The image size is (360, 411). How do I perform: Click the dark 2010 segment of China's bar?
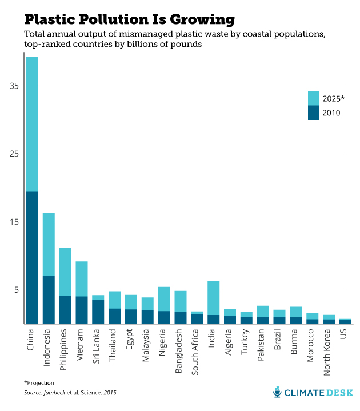pyautogui.click(x=32, y=257)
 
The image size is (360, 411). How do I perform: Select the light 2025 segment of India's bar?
pyautogui.click(x=213, y=298)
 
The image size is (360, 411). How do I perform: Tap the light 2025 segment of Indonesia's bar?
pyautogui.click(x=49, y=244)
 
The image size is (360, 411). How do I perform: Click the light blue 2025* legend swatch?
pyautogui.click(x=314, y=98)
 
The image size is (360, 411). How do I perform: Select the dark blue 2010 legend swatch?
pyautogui.click(x=314, y=113)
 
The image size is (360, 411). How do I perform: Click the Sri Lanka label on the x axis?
pyautogui.click(x=98, y=346)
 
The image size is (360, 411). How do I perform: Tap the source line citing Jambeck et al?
pyautogui.click(x=65, y=393)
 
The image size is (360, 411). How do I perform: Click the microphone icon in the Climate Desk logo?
pyautogui.click(x=277, y=393)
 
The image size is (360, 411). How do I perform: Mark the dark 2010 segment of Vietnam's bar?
pyautogui.click(x=82, y=309)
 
